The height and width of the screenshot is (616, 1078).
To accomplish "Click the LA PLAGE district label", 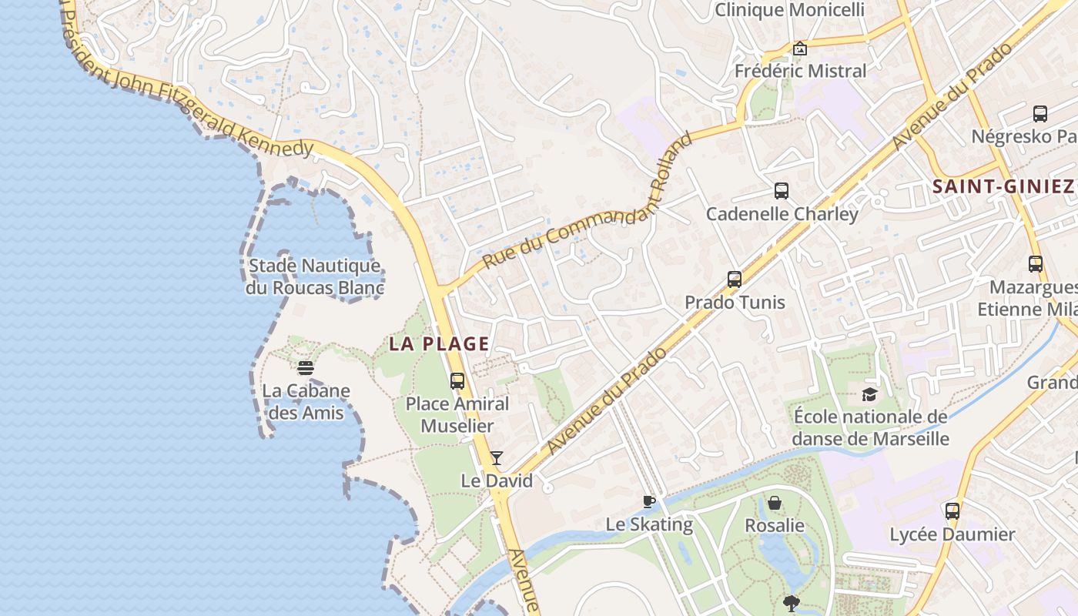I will coord(439,343).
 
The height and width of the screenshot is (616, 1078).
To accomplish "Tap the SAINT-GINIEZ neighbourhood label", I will coord(1003,186).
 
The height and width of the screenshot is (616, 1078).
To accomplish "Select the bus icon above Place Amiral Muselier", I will coord(457,380).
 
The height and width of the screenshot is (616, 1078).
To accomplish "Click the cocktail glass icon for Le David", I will coord(497,458).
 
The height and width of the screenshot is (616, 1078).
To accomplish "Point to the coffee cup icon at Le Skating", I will coord(649,502).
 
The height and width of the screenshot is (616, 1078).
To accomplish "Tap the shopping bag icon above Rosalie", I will coord(775,503).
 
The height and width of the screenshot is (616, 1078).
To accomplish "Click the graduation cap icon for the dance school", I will coord(869,395).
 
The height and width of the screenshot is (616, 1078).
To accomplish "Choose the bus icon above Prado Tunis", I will coord(735,279).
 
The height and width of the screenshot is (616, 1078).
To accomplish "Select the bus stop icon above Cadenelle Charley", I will coord(782,191).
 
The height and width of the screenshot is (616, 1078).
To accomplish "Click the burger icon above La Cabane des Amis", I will coord(306,368).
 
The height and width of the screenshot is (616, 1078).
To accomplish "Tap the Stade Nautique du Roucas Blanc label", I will coord(314,277).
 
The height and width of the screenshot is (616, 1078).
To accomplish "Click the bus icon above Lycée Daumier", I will coord(952,511).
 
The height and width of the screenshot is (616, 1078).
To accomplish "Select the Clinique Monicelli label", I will coord(790,10).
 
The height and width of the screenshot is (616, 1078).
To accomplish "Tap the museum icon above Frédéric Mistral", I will coord(800,49).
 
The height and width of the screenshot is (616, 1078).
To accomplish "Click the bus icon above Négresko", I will coord(1040,114).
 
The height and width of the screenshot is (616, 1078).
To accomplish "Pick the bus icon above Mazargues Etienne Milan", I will coord(1036,264).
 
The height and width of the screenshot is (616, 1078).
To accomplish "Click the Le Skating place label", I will coord(649,525).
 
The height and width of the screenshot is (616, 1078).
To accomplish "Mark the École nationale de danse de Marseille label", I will coord(870,428).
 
